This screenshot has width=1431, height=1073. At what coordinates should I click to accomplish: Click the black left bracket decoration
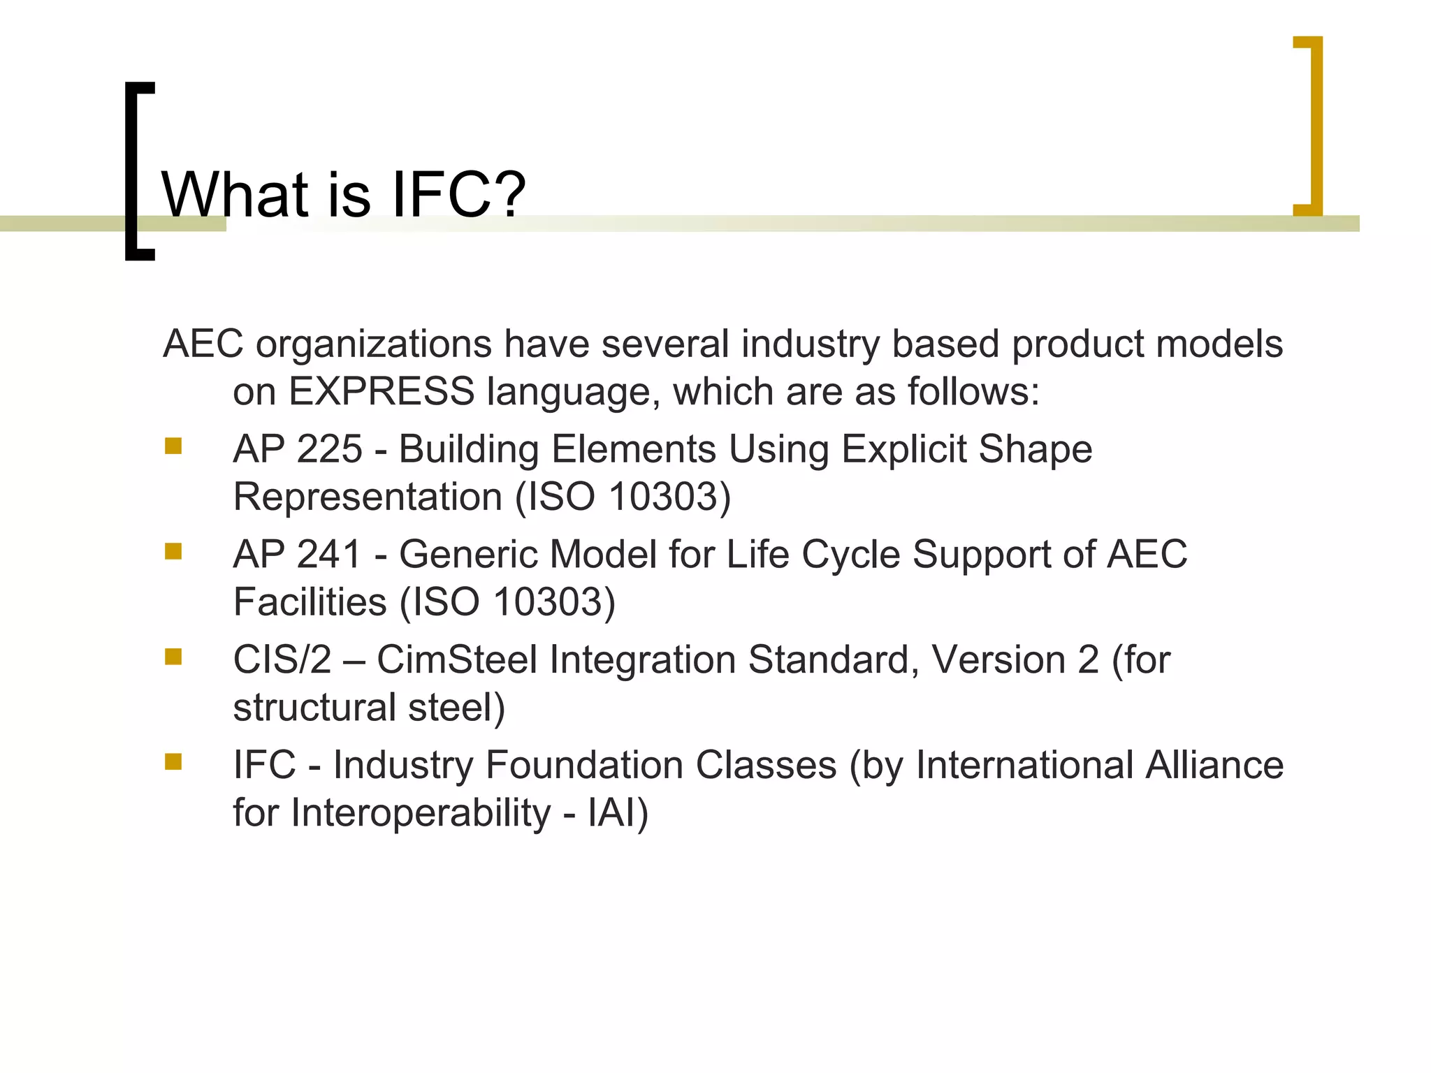(138, 171)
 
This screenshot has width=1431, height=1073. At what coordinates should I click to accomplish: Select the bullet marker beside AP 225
(173, 446)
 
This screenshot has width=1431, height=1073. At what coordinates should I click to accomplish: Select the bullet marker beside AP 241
(173, 552)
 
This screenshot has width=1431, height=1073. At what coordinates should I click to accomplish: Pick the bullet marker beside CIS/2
(173, 657)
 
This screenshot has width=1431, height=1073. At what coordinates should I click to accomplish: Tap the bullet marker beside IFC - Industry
(173, 761)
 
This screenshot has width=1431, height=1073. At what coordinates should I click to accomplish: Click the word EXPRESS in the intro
(382, 391)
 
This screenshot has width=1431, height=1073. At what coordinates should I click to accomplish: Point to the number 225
(329, 449)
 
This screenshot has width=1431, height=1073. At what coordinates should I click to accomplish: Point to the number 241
(329, 555)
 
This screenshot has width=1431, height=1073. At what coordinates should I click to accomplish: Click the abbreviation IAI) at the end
(618, 813)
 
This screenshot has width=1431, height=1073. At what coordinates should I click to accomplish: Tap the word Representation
(368, 497)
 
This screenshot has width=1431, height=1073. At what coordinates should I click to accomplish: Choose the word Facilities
(310, 602)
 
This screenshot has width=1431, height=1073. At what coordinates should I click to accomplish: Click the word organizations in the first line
(373, 344)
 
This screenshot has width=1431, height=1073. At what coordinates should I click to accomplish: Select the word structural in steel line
(314, 708)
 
